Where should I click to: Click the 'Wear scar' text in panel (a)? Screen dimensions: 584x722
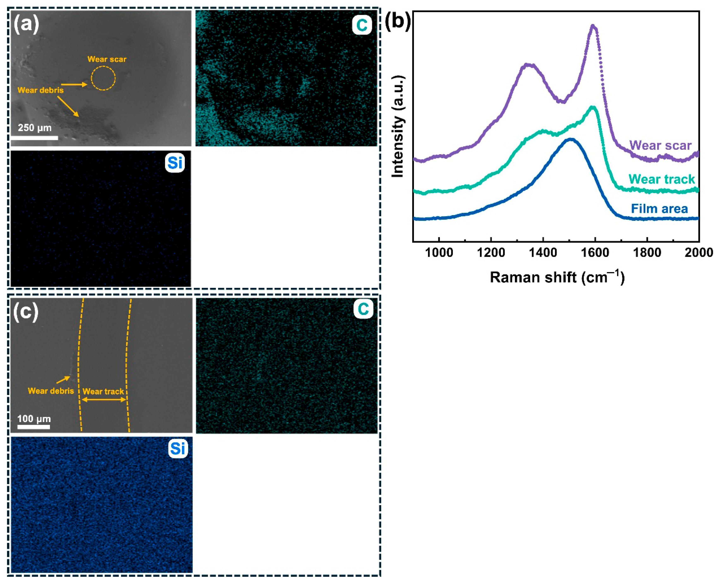[107, 59]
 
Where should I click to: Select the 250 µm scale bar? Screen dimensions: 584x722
[34, 138]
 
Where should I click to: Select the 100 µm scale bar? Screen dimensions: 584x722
[34, 427]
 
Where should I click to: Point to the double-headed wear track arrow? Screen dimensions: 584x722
[104, 400]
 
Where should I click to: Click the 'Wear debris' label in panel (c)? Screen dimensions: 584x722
[51, 391]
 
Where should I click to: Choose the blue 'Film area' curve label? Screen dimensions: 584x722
[659, 209]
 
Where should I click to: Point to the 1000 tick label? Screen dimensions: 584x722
[439, 252]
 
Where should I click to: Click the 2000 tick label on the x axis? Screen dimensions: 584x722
[698, 252]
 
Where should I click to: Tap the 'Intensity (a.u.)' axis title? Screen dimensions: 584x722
[398, 126]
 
